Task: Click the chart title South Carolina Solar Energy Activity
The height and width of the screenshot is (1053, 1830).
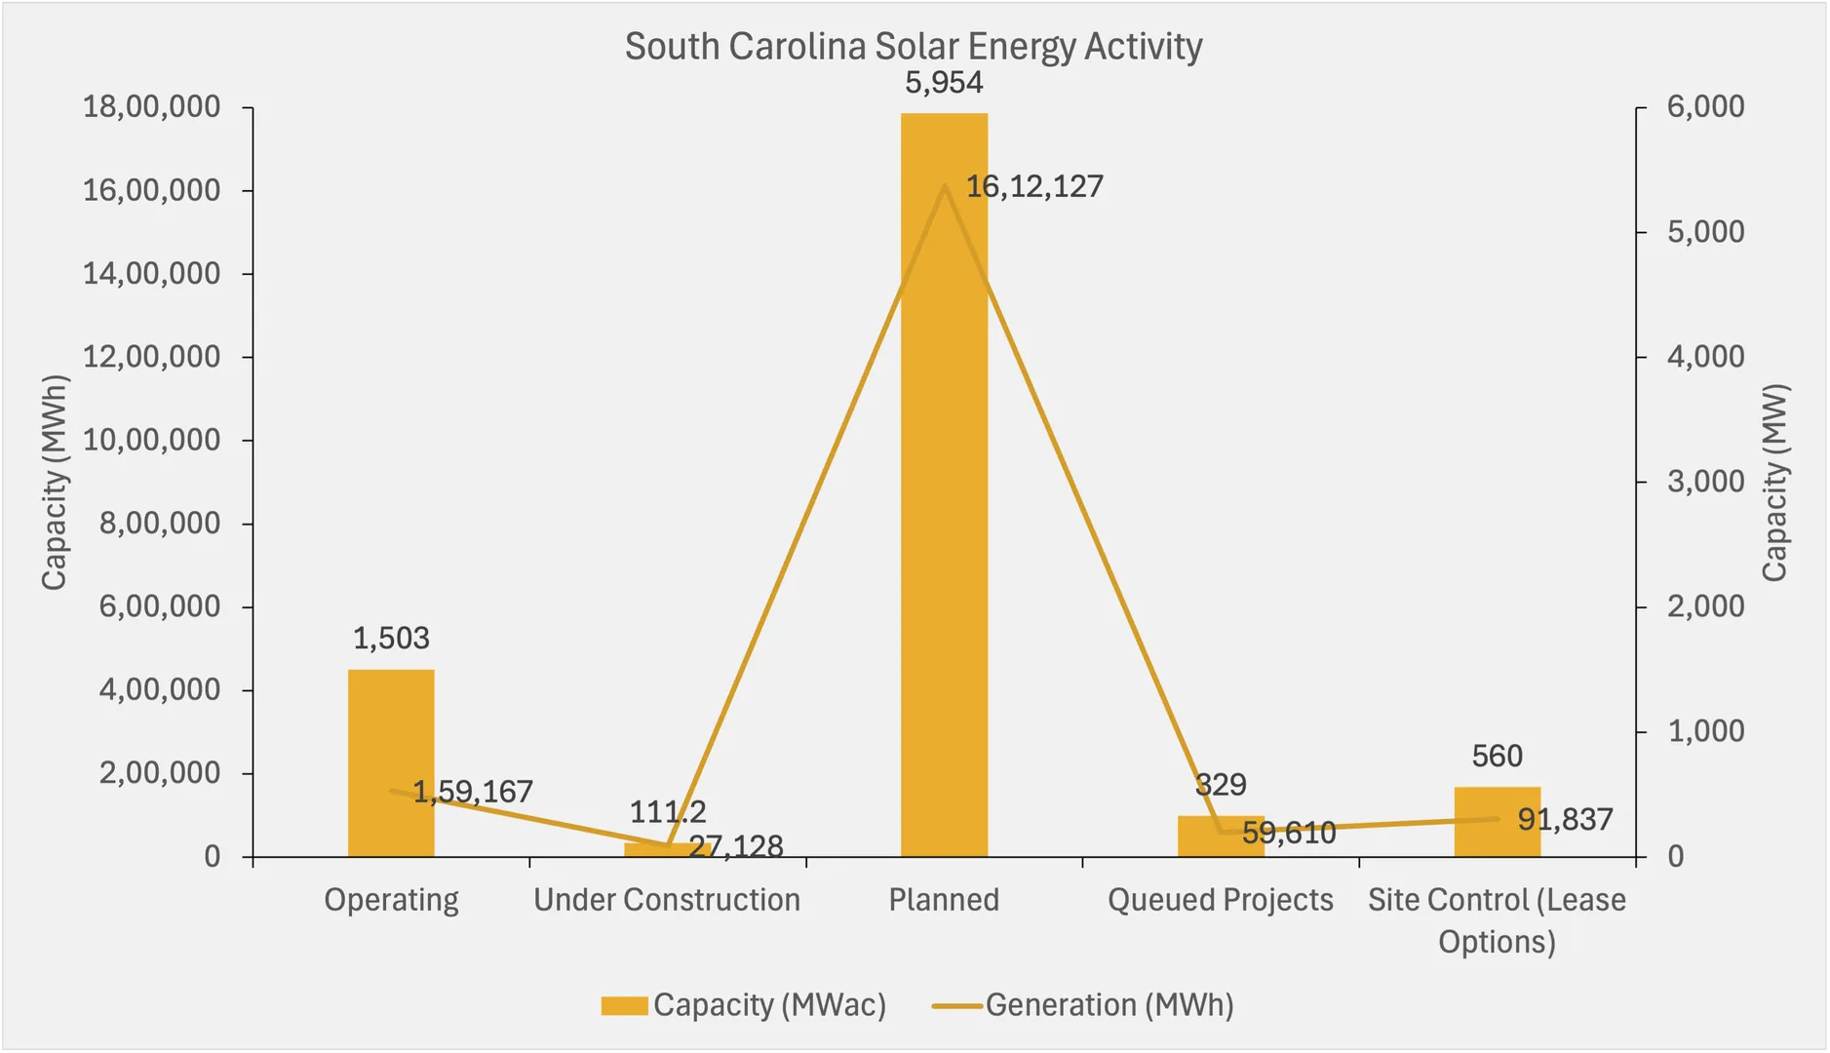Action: tap(914, 47)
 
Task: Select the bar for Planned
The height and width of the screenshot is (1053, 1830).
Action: tap(944, 487)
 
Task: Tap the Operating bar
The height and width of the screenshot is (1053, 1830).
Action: tap(391, 741)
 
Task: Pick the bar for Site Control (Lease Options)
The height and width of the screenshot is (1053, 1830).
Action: tap(1497, 829)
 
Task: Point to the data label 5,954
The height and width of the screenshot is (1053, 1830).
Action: tap(944, 83)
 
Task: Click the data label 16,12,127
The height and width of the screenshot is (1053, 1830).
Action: tap(1034, 186)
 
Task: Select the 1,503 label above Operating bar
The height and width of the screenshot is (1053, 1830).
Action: tap(391, 639)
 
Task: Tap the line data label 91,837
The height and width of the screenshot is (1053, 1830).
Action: tap(1565, 820)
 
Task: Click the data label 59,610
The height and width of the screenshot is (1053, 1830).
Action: tap(1288, 834)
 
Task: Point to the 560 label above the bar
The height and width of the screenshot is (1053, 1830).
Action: tap(1497, 757)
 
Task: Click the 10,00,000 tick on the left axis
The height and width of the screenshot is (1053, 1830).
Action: tap(151, 441)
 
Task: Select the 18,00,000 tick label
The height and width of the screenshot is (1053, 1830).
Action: tap(151, 107)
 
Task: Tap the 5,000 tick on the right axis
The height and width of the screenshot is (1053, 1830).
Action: tap(1705, 232)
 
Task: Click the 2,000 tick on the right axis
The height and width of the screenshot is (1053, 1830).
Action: tap(1705, 606)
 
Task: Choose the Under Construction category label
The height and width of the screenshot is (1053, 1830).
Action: tap(667, 900)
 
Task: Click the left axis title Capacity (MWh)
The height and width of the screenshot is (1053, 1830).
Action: tap(55, 483)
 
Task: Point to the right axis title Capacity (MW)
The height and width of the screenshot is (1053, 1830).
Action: tap(1774, 483)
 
